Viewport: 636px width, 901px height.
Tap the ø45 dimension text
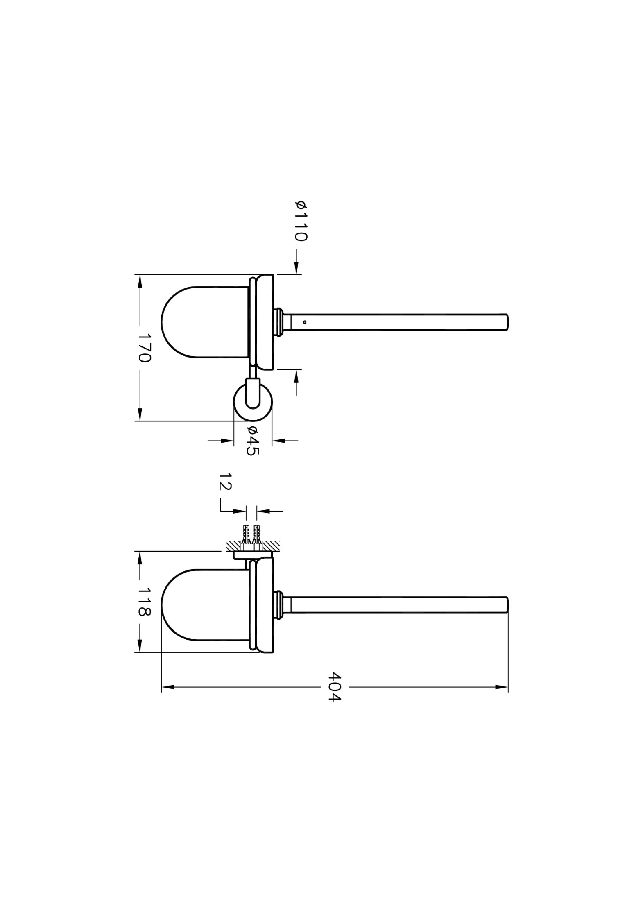click(x=253, y=441)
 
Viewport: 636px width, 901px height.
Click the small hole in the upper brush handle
click(x=305, y=322)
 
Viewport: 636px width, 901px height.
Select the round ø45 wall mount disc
click(x=253, y=401)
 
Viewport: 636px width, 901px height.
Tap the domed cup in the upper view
click(x=205, y=322)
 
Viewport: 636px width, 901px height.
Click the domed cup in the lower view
click(x=205, y=605)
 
